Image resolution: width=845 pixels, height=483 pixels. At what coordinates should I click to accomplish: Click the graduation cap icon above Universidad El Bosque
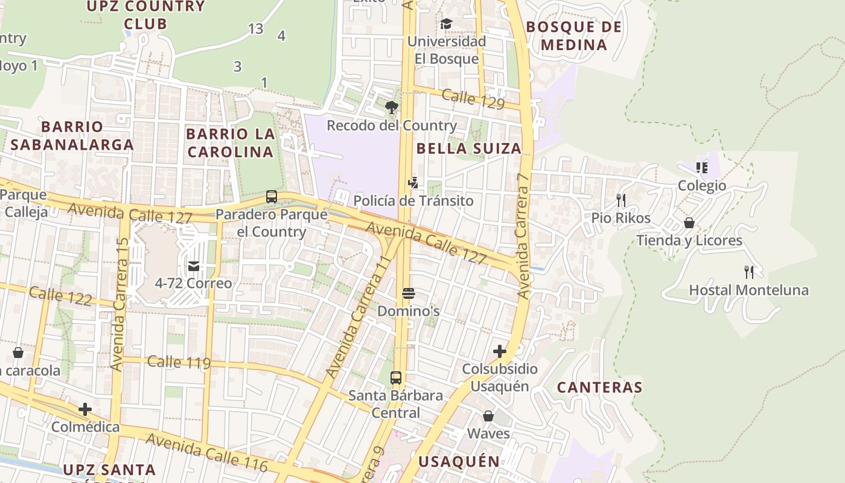(446, 24)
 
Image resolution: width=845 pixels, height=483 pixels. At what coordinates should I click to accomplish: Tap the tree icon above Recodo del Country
(392, 108)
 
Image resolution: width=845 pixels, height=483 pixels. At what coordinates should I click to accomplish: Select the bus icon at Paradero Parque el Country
(272, 197)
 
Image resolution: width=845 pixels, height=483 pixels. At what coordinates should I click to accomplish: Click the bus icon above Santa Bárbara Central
(396, 378)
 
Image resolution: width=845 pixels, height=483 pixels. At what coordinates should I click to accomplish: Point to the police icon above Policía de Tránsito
(413, 183)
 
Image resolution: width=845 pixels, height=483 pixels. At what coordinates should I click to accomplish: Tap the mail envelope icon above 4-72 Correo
(193, 266)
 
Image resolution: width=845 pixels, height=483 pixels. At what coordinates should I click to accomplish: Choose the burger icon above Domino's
(409, 294)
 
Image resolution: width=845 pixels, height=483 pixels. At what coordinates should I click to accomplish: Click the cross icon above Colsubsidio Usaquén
(500, 351)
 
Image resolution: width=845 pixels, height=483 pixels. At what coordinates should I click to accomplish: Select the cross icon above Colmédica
(85, 409)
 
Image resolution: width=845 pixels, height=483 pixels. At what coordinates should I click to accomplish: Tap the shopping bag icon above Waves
(488, 416)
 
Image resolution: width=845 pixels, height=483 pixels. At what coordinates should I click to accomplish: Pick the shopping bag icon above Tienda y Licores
(689, 223)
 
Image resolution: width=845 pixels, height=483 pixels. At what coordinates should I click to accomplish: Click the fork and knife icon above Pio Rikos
(621, 200)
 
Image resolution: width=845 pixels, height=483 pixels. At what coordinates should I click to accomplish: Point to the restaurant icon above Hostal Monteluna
(749, 272)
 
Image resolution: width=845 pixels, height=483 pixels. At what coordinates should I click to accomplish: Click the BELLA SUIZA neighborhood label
(469, 149)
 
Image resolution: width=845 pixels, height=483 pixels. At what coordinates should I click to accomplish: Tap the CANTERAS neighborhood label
(599, 387)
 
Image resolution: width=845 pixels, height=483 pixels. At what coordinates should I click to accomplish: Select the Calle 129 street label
(473, 99)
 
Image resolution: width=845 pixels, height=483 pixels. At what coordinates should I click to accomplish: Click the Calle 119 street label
(179, 362)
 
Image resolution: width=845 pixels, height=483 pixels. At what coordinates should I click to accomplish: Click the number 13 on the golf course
(256, 28)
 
